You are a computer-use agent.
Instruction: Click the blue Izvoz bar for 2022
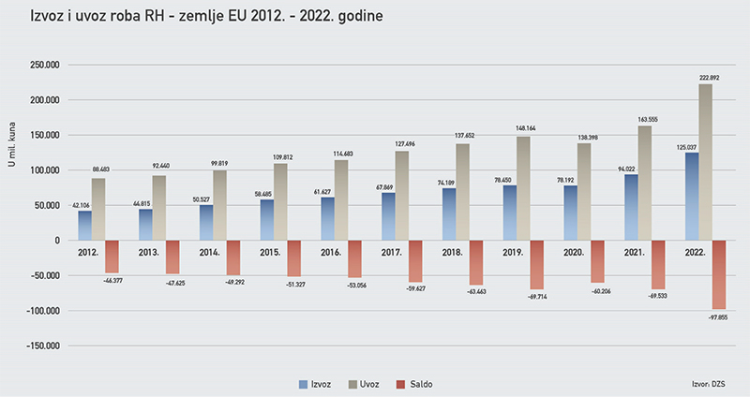pos(692,197)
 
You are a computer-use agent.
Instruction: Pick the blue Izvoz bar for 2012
pos(85,226)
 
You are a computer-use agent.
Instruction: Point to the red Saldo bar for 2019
pos(537,264)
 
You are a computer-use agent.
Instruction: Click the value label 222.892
pos(709,77)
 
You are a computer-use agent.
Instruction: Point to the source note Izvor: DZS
pos(707,384)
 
